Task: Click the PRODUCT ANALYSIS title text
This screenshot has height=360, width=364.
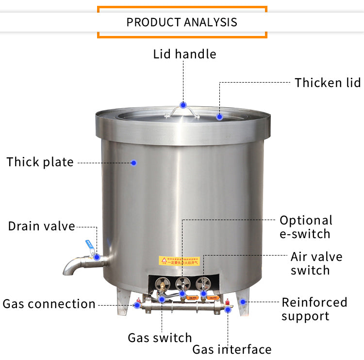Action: (x=182, y=22)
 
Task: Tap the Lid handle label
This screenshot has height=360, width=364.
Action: (x=184, y=54)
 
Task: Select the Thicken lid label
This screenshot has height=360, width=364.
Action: (x=328, y=83)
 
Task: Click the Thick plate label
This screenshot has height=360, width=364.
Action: (x=40, y=162)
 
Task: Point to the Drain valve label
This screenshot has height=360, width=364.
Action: (x=42, y=226)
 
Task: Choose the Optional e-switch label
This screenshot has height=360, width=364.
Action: (x=306, y=227)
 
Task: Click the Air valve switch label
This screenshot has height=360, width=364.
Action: (x=316, y=263)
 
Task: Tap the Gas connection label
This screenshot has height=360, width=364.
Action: (x=49, y=304)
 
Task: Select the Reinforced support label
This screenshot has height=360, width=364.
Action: (x=314, y=309)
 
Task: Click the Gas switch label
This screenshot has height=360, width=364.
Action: (x=160, y=337)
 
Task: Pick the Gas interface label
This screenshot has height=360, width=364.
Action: (x=232, y=349)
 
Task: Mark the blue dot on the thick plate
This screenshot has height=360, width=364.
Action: (x=134, y=163)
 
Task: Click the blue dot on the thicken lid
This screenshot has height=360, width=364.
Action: (x=219, y=117)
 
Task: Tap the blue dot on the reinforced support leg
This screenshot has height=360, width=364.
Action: (x=243, y=302)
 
